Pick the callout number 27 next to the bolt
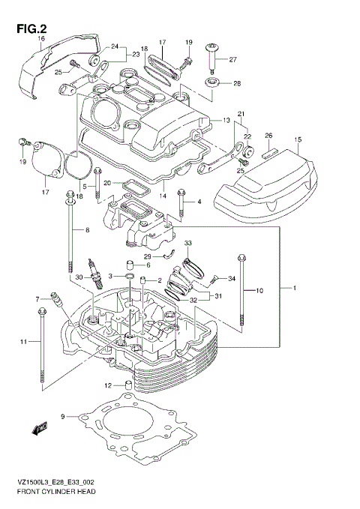pos(232,59)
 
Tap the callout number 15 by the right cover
pos(298,139)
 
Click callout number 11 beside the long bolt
pos(23,342)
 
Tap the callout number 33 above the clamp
pos(188,243)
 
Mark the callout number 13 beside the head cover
pos(226,120)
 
